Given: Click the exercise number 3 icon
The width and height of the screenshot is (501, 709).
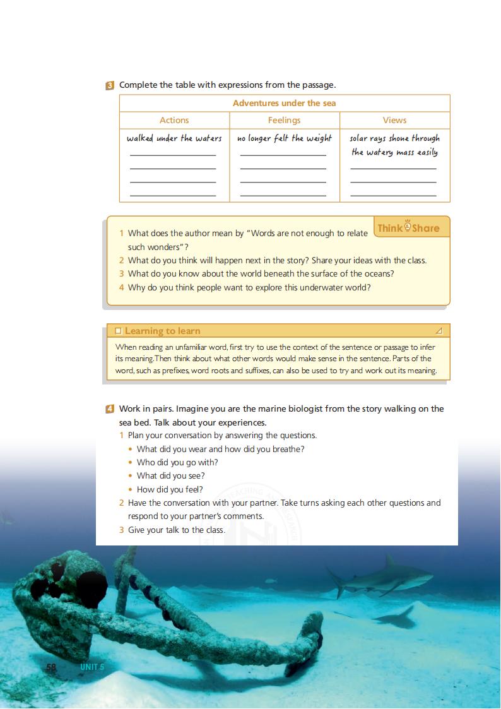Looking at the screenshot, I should [x=110, y=85].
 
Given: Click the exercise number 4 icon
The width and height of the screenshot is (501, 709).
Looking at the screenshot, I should [x=110, y=409].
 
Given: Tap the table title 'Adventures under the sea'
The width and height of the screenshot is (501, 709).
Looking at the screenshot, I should [x=284, y=103].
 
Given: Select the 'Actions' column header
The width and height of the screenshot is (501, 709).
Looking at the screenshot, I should [x=174, y=120].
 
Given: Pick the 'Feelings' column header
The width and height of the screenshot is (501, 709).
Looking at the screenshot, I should [x=284, y=120].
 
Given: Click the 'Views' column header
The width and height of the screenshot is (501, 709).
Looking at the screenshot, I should [x=394, y=120].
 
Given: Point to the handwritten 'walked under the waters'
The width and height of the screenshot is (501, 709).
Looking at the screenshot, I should [x=174, y=138].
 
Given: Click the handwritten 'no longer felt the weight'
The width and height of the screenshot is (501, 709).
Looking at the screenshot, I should [x=284, y=138].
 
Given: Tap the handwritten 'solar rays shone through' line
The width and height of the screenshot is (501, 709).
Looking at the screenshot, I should [x=394, y=138].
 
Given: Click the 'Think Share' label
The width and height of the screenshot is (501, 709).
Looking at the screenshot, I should [x=408, y=228].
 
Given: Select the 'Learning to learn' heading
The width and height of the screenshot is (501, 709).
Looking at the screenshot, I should [x=162, y=331].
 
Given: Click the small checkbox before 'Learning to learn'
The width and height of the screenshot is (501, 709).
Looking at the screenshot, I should [x=118, y=331].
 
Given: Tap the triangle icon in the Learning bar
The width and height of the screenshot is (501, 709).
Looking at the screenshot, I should [x=439, y=331].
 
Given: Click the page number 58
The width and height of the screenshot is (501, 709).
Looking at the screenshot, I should [x=52, y=667].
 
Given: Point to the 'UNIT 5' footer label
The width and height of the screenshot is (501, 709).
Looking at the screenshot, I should [x=91, y=667].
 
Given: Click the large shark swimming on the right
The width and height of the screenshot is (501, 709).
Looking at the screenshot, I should [x=379, y=576].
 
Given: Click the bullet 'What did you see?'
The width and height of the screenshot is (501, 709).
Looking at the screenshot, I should [x=170, y=476].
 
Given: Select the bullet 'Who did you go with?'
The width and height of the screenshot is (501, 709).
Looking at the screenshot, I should [x=177, y=463].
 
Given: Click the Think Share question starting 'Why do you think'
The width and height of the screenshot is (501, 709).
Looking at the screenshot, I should [x=249, y=287].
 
